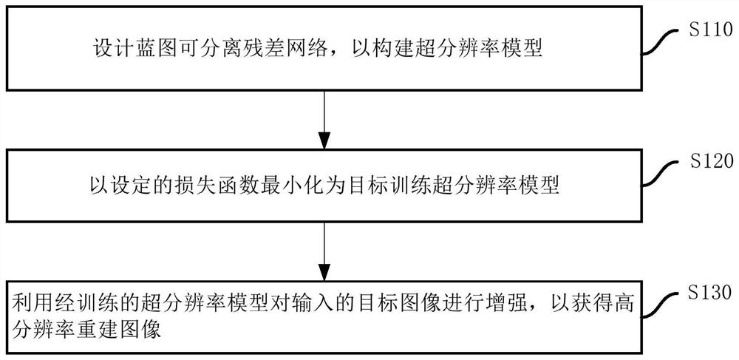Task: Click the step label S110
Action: pyautogui.click(x=709, y=30)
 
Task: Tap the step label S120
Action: pyautogui.click(x=709, y=160)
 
